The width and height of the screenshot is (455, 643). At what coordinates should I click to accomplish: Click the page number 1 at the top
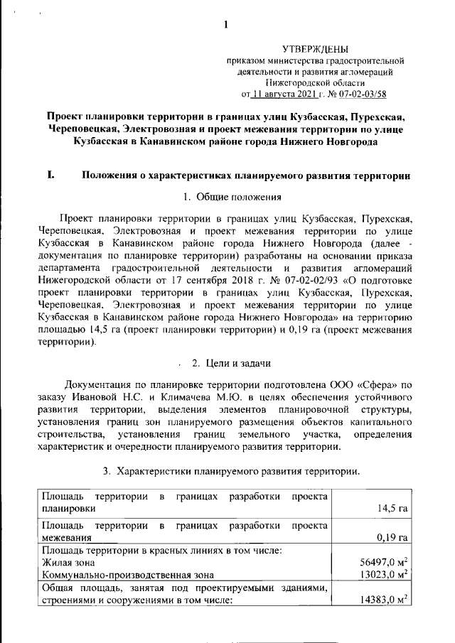click(225, 26)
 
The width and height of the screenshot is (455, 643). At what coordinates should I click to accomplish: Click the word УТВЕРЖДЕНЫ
click(316, 49)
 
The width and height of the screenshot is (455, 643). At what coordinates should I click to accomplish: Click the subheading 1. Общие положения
click(232, 196)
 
